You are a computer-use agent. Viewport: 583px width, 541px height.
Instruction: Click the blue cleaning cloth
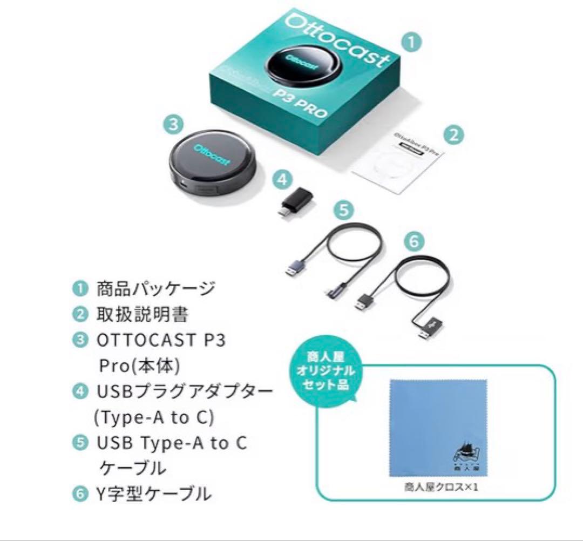click(x=437, y=427)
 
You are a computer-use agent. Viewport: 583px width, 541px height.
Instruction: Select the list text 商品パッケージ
click(x=155, y=288)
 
